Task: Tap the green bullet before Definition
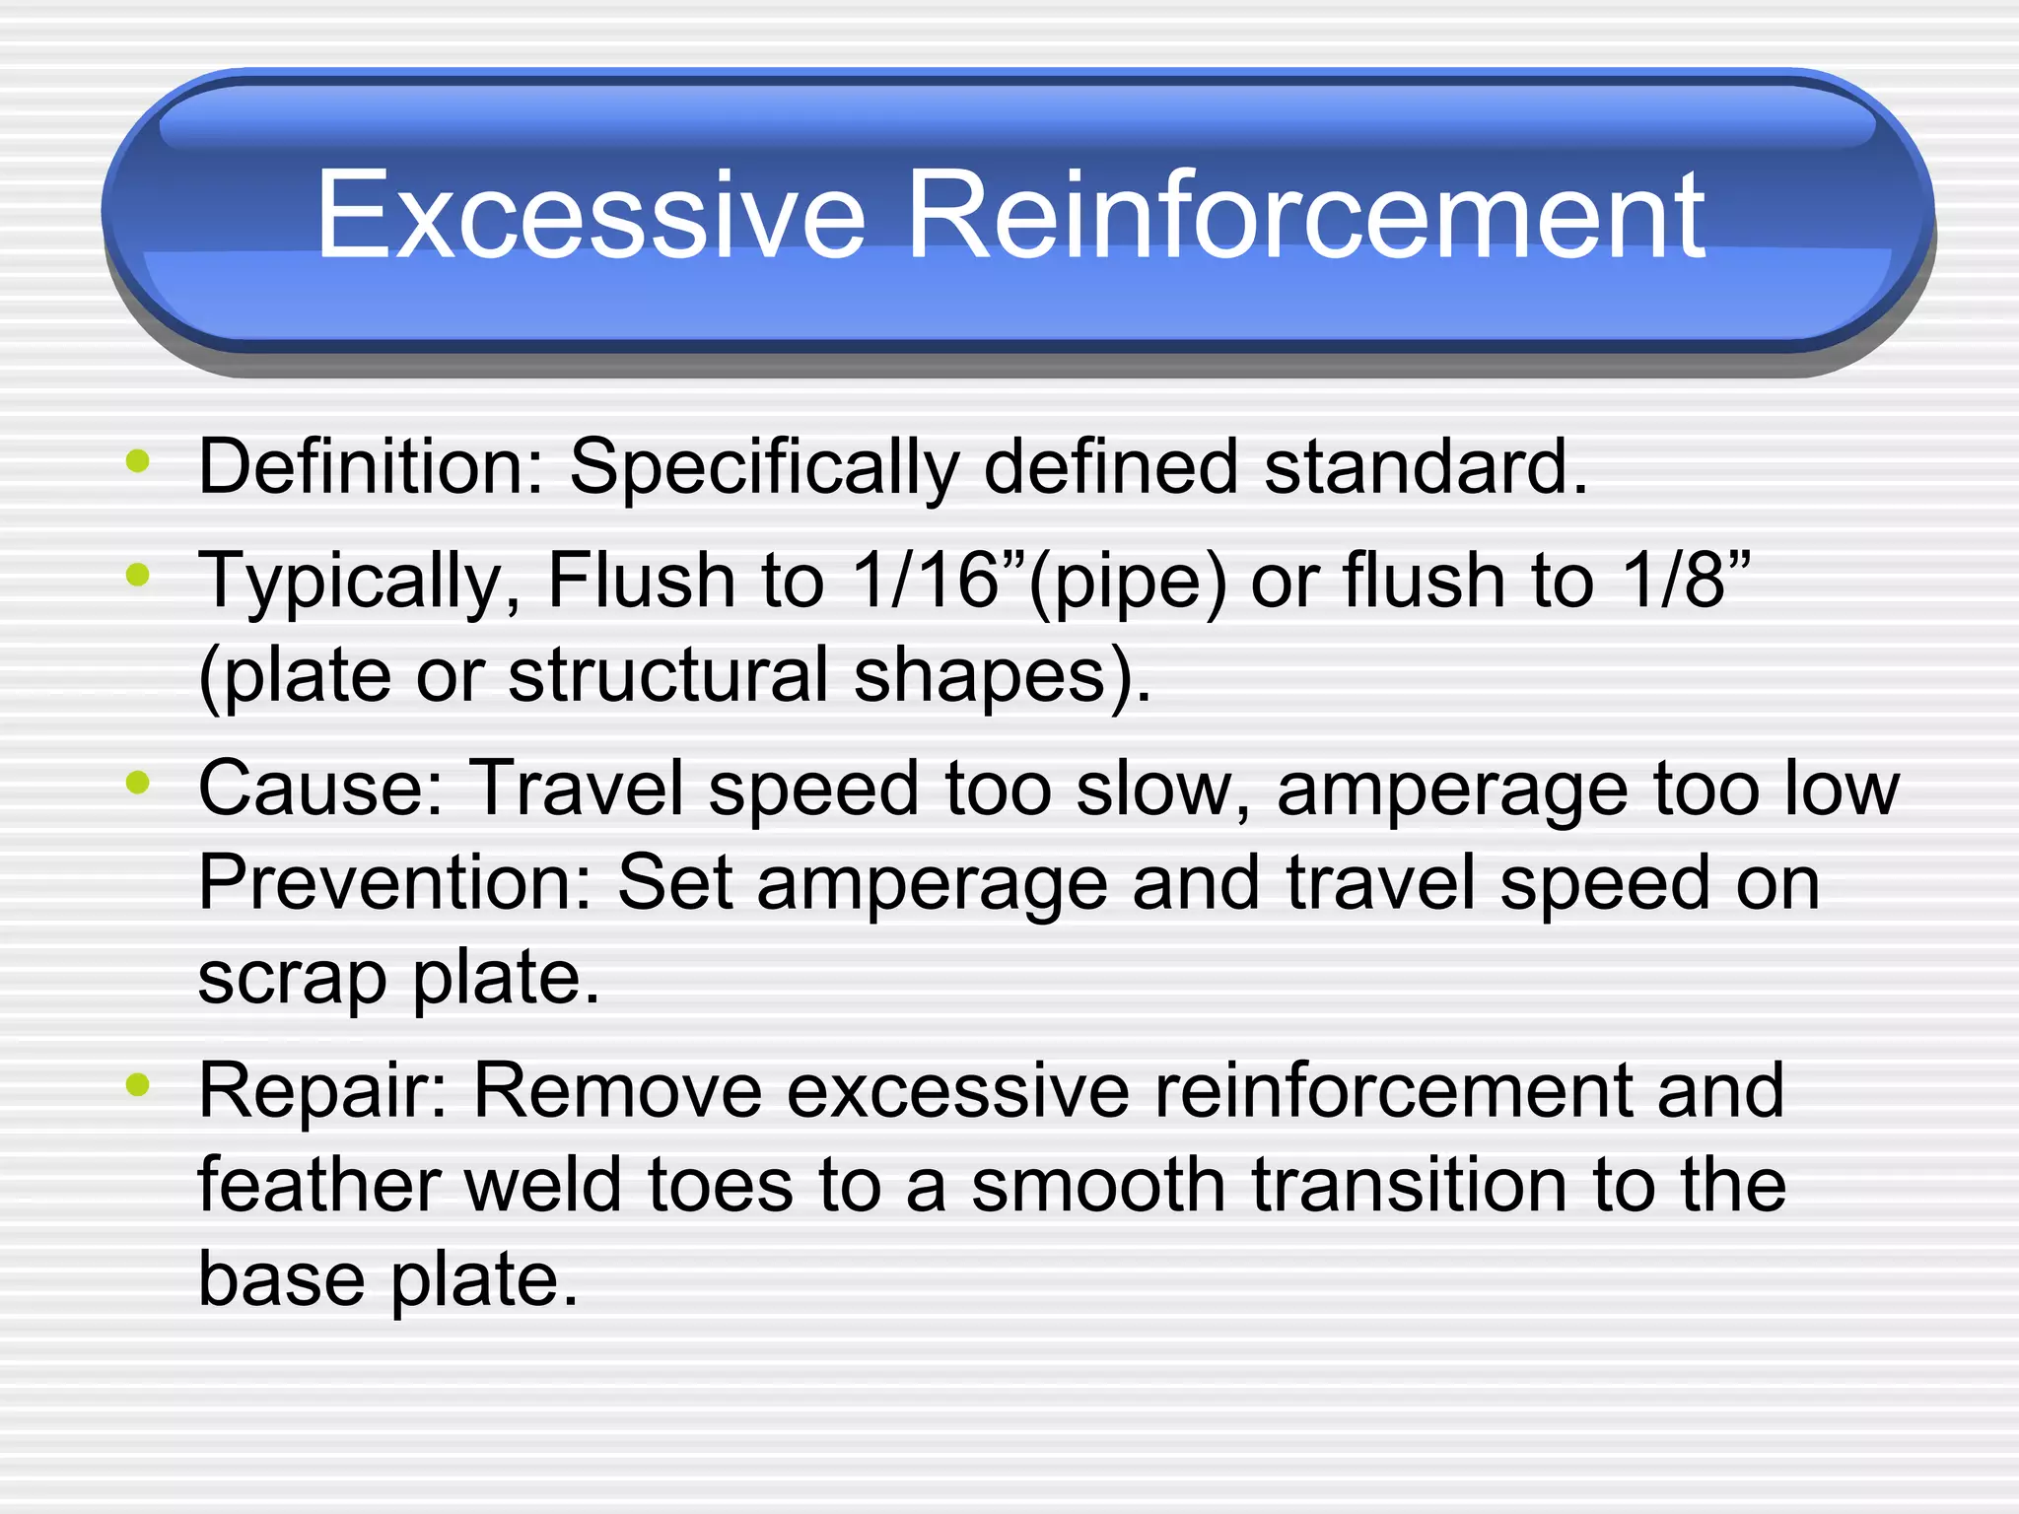138,460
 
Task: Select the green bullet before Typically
138,574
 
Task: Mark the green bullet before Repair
138,1085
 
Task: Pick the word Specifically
764,468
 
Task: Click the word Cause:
321,789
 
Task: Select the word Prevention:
395,883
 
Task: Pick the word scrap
292,980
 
